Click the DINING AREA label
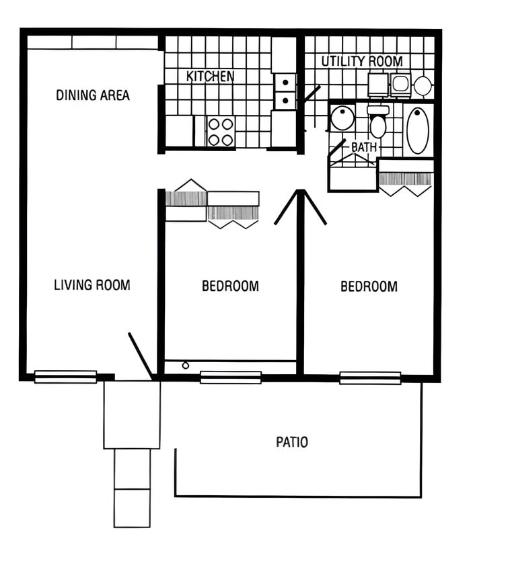[x=93, y=95]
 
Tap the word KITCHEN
[x=210, y=77]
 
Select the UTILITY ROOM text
[x=361, y=61]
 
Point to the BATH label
[x=364, y=146]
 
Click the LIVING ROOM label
[x=92, y=285]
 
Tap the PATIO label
[x=292, y=442]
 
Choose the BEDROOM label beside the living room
[x=230, y=286]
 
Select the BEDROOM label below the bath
[x=369, y=287]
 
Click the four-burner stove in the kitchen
[x=220, y=132]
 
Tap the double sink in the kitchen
[x=285, y=91]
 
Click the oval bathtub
[x=418, y=130]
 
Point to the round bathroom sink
[x=342, y=118]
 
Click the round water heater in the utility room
[x=423, y=85]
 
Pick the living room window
[x=65, y=377]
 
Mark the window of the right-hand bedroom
[x=370, y=378]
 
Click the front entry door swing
[x=141, y=355]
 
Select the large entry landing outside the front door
[x=132, y=415]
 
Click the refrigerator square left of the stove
[x=179, y=131]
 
